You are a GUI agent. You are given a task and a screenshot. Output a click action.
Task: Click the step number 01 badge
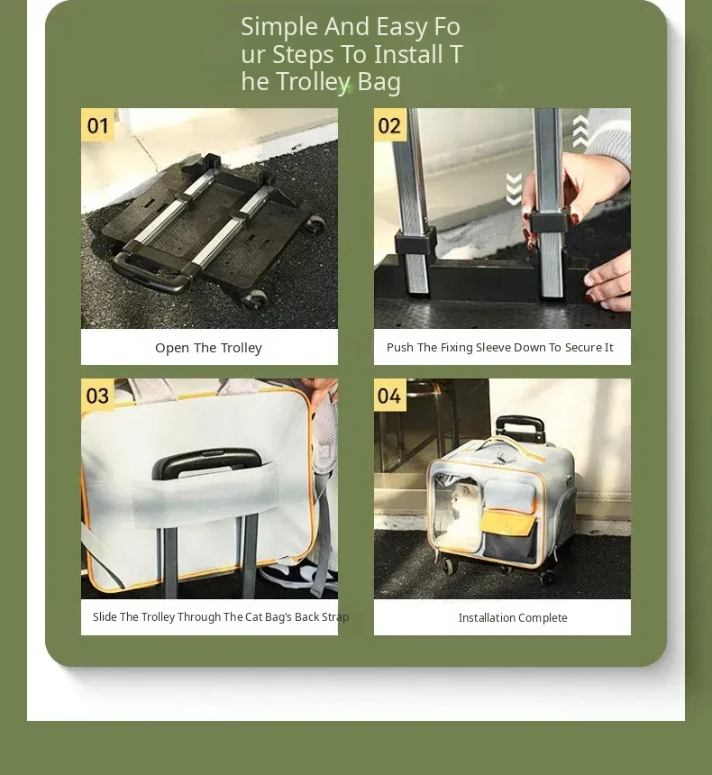point(97,125)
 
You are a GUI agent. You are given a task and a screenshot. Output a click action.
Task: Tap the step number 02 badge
point(390,125)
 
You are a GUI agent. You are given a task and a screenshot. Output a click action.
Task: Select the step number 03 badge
point(97,396)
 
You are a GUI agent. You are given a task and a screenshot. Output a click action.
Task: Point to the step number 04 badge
point(389,396)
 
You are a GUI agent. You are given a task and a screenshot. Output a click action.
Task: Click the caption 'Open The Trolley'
point(209,348)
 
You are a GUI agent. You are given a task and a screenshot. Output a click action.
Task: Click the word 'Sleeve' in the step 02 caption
point(494,348)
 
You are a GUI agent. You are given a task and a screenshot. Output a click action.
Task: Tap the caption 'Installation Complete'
point(513,618)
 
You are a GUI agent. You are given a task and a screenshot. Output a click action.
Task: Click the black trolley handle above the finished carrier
point(520,427)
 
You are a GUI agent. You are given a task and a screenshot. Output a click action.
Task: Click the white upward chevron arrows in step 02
point(580,132)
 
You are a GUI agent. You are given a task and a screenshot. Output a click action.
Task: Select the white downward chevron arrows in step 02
point(514,189)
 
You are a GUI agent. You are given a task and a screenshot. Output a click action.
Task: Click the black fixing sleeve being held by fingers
point(549,222)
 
